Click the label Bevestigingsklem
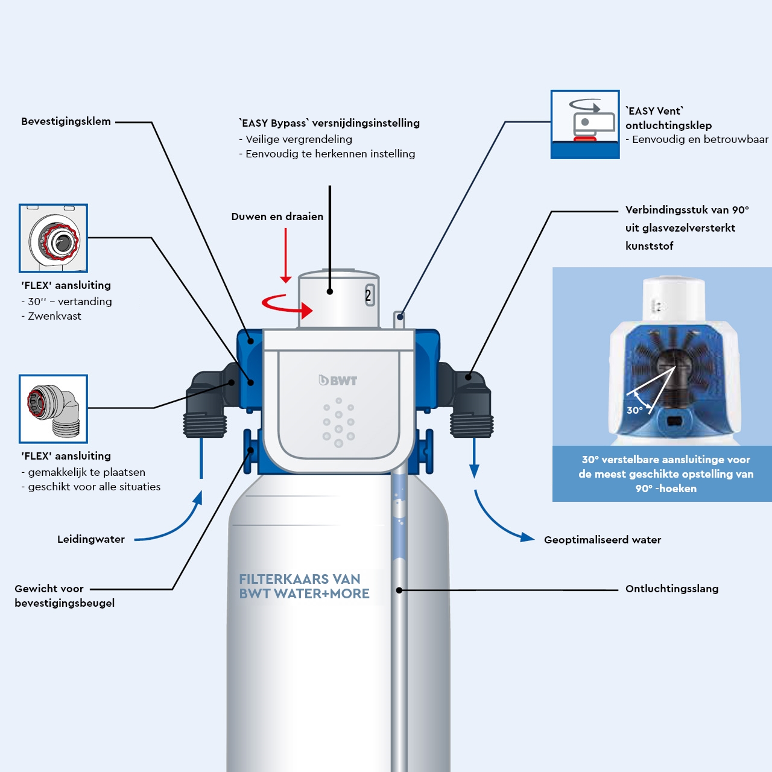pos(66,121)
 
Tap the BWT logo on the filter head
pos(338,381)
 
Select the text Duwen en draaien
pos(277,217)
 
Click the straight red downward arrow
pos(286,256)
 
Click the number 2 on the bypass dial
pos(369,296)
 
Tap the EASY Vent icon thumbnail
pos(584,124)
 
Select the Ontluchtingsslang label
pos(671,589)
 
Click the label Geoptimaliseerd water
pos(602,540)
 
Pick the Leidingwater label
pos(91,539)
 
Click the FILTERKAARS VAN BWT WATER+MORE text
pos(304,586)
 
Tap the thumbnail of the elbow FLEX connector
pos(53,409)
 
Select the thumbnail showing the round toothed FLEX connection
pos(53,238)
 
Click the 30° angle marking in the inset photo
pos(635,410)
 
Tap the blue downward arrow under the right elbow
pos(474,458)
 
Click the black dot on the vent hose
pos(399,590)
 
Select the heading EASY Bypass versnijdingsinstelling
pos(329,123)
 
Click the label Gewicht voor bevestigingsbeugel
pos(64,596)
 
